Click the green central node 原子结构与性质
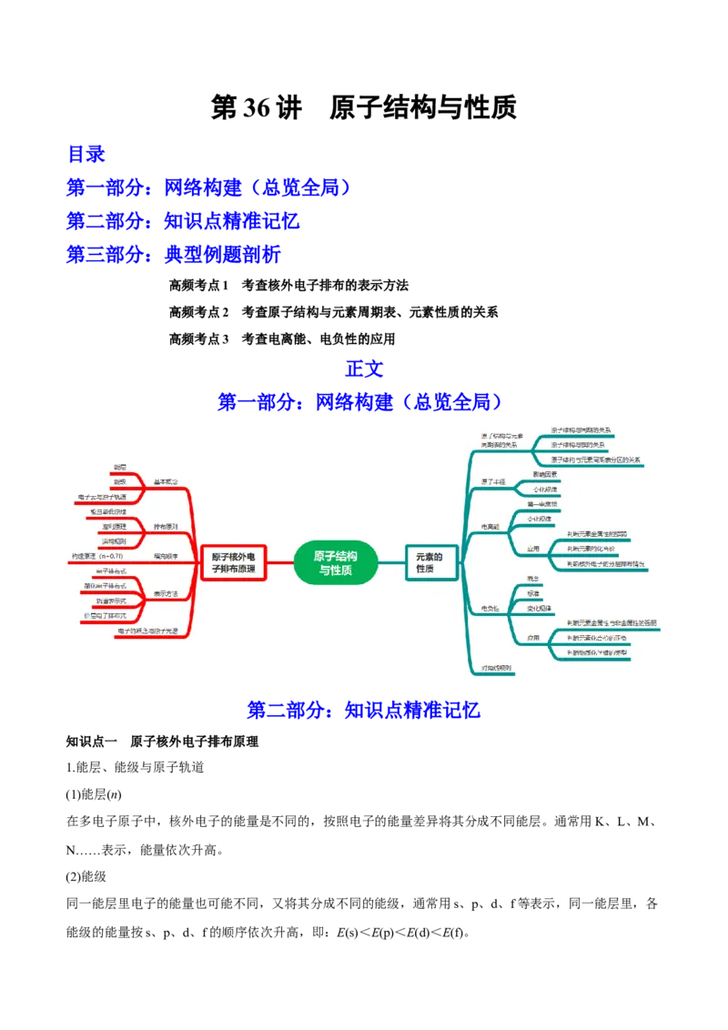tap(336, 563)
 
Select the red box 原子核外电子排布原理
tap(233, 562)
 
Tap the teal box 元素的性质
tap(430, 562)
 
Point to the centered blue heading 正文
tap(364, 368)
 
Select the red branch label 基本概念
tap(166, 480)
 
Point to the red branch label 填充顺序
tap(166, 555)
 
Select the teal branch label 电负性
tap(491, 607)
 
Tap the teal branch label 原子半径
tap(493, 481)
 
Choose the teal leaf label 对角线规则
tap(497, 668)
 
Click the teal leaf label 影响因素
tap(545, 474)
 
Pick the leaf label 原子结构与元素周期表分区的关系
tap(596, 460)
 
